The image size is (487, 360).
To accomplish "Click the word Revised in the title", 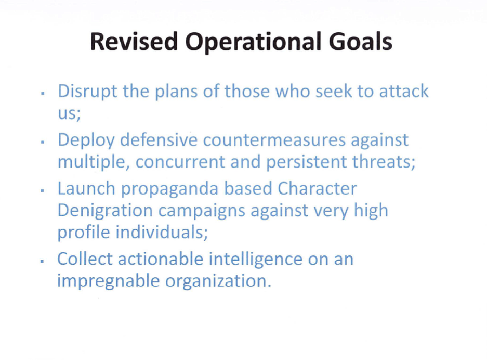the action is [134, 41].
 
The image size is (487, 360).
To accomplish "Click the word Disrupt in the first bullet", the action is [88, 92].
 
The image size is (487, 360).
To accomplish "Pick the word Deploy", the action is [86, 141].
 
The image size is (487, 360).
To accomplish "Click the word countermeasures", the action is [274, 140].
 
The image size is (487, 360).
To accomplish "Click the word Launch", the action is [86, 189].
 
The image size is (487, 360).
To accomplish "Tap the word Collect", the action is [85, 259].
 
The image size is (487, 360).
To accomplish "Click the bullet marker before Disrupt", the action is [43, 93].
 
